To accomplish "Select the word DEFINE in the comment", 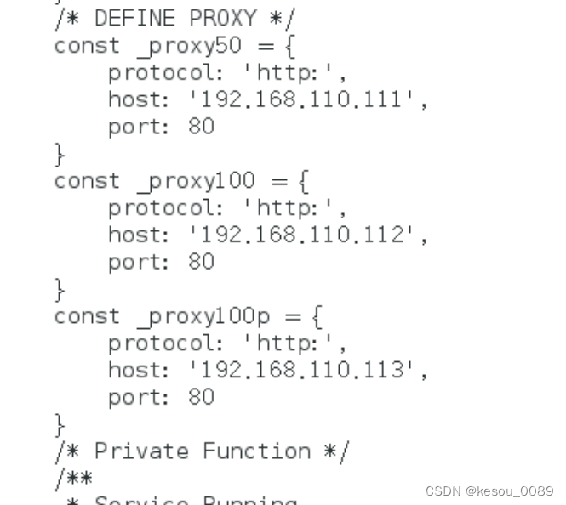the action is pyautogui.click(x=135, y=18).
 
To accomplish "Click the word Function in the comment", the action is pyautogui.click(x=256, y=451).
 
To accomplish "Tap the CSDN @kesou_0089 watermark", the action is pyautogui.click(x=489, y=491).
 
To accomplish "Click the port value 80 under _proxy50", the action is pyautogui.click(x=201, y=127).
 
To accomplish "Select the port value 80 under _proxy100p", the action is pyautogui.click(x=201, y=397).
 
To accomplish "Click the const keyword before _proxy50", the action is pyautogui.click(x=87, y=45).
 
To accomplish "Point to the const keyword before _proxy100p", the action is pyautogui.click(x=87, y=316).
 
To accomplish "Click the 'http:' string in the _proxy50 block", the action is pyautogui.click(x=294, y=73).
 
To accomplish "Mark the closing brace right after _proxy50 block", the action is pyautogui.click(x=60, y=155).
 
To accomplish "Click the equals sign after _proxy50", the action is pyautogui.click(x=267, y=46).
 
